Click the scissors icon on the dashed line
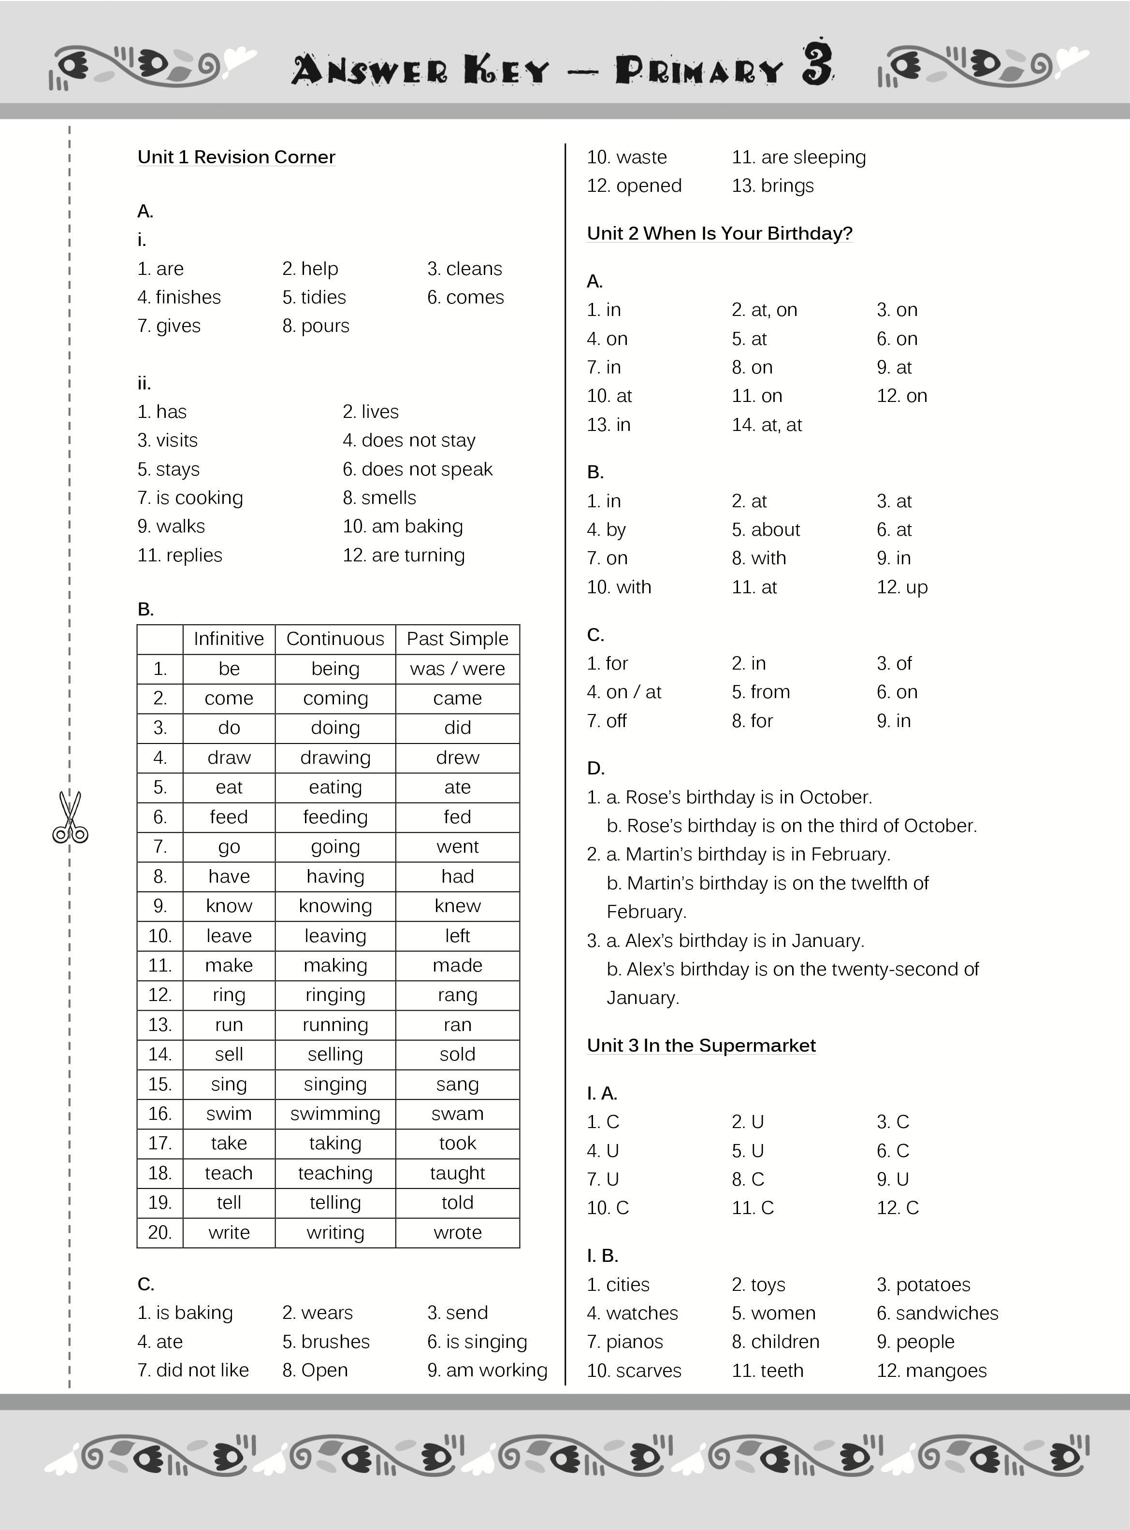(70, 817)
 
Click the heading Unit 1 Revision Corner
(236, 157)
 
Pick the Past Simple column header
(457, 639)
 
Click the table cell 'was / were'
(457, 669)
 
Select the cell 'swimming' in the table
(334, 1114)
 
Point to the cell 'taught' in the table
(457, 1173)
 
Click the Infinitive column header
(229, 639)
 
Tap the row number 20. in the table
(159, 1232)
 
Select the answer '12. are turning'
(404, 555)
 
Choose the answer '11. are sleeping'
(798, 157)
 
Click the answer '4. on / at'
(624, 692)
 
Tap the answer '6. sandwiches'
(937, 1313)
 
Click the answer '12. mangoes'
(932, 1371)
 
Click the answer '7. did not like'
(193, 1371)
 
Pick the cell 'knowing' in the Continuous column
(334, 906)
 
